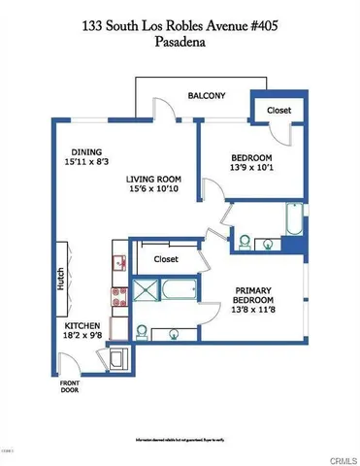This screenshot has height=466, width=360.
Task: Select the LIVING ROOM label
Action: [x=155, y=179]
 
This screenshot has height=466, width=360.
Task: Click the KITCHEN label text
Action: [x=84, y=326]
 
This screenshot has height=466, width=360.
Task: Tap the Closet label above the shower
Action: [x=167, y=259]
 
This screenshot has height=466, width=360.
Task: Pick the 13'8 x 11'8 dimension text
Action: [x=257, y=312]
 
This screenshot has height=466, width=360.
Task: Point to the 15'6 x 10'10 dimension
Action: [x=156, y=190]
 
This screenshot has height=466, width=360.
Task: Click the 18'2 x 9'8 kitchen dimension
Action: [x=85, y=338]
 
